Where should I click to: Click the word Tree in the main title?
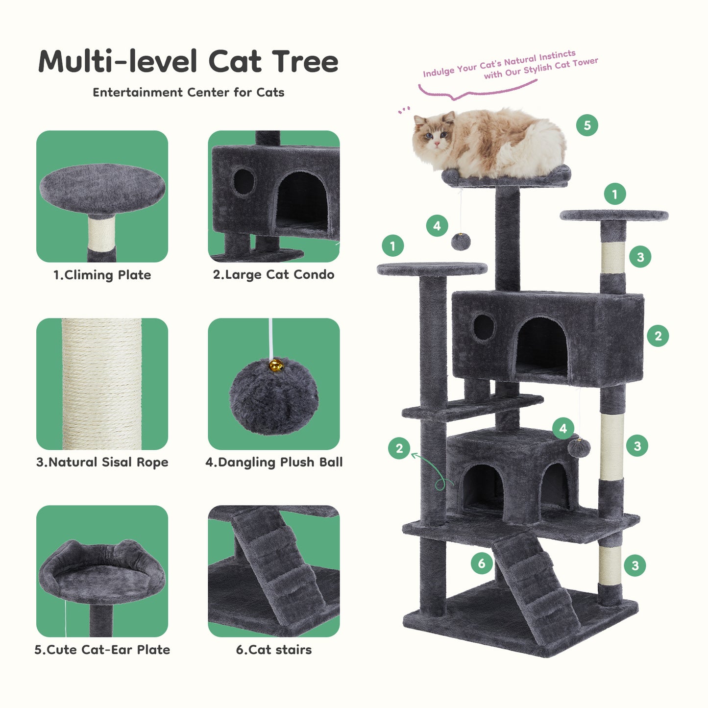(x=305, y=62)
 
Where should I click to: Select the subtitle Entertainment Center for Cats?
(x=188, y=93)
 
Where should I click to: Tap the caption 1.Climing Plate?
(x=102, y=275)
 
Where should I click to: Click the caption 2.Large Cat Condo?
(x=273, y=275)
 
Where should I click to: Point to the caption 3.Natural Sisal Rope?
(x=102, y=462)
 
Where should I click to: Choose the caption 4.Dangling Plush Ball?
(x=273, y=462)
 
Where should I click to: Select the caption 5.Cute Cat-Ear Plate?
(x=102, y=650)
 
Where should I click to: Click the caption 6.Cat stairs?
(x=273, y=650)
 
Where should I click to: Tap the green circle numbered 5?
(x=587, y=125)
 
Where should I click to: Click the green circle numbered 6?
(x=482, y=563)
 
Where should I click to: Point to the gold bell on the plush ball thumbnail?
(x=276, y=365)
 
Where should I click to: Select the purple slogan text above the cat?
(x=510, y=66)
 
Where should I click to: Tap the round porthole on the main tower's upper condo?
(x=484, y=327)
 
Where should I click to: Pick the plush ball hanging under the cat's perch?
(x=461, y=241)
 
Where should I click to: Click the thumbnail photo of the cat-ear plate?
(x=102, y=571)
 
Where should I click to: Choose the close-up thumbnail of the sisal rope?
(x=102, y=384)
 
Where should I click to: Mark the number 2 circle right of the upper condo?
(x=658, y=336)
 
